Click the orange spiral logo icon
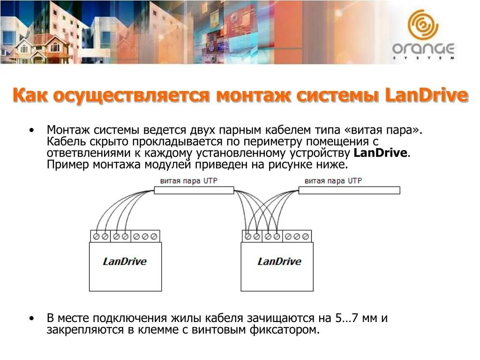423,24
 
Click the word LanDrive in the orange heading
427,95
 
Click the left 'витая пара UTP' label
188,180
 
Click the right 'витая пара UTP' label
333,180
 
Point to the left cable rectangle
194,190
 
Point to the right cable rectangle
349,190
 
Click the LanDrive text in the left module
125,262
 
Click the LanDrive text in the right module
279,262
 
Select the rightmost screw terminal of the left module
154,237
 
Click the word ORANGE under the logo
423,49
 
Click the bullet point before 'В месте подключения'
31,318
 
